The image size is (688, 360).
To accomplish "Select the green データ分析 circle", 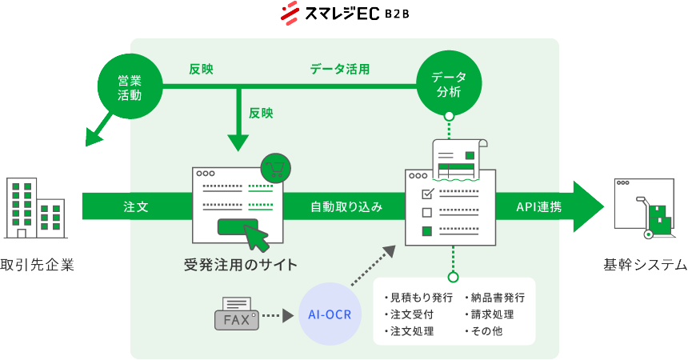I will tap(449, 83).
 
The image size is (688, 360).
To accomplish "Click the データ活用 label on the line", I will tap(340, 70).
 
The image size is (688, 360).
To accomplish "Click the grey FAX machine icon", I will tap(236, 314).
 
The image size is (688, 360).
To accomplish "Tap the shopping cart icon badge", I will tap(276, 168).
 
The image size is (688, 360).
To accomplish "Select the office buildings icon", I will tap(35, 208).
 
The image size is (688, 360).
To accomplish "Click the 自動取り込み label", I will tap(346, 206).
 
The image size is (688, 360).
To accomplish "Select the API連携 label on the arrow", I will tap(538, 206).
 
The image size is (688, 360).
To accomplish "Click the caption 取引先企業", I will tap(37, 265).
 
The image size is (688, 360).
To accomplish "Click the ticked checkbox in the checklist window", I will tap(426, 194).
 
